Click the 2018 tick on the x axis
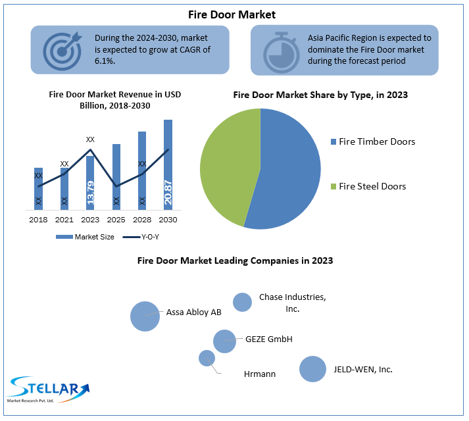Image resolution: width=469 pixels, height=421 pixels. pyautogui.click(x=38, y=219)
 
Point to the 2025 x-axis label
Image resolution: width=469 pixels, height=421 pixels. pyautogui.click(x=116, y=219)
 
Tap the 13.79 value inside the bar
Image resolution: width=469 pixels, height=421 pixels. pyautogui.click(x=90, y=195)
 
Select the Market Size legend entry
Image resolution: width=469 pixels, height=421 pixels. pyautogui.click(x=86, y=237)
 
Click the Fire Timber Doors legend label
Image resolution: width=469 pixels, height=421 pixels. pyautogui.click(x=376, y=141)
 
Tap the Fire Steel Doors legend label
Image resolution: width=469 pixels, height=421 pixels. pyautogui.click(x=372, y=186)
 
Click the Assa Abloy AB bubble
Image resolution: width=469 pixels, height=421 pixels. pyautogui.click(x=145, y=316)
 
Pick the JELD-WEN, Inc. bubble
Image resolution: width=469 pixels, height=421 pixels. pyautogui.click(x=312, y=369)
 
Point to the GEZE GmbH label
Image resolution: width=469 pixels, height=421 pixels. pyautogui.click(x=268, y=339)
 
